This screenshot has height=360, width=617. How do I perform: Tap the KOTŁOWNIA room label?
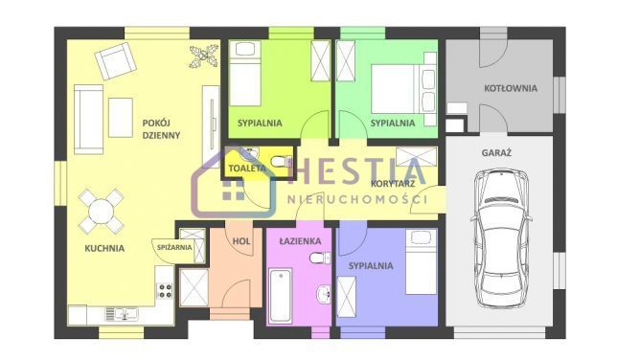point(511,88)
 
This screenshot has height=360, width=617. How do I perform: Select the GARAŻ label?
point(496,152)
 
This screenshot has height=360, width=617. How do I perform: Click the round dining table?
point(102,212)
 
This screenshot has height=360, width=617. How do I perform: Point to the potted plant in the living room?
point(203,56)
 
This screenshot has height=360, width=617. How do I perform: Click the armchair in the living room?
point(116,60)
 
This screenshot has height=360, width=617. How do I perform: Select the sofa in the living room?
point(88,119)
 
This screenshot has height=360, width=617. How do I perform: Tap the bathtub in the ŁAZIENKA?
point(280,295)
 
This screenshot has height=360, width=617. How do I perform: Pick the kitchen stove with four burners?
point(165,290)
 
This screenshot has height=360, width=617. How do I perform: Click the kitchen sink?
point(122,314)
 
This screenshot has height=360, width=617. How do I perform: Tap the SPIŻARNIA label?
point(174,247)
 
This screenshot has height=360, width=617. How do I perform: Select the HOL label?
point(241,241)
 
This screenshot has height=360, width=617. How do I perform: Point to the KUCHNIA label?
point(104,248)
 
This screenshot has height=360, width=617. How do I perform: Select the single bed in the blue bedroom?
point(422,261)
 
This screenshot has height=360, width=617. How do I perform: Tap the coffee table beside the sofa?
point(121,118)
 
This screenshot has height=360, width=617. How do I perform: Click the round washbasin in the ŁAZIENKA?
point(324,294)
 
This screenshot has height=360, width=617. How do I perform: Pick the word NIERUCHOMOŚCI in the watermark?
point(357,199)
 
